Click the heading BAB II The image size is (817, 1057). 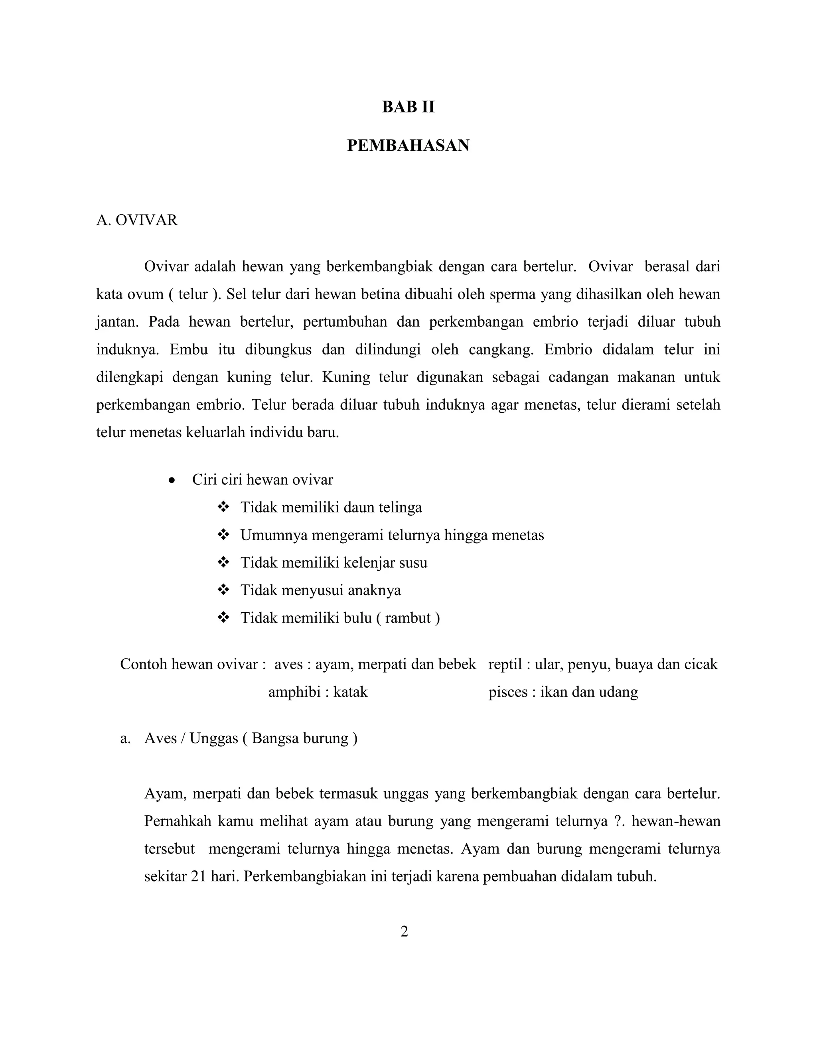click(408, 107)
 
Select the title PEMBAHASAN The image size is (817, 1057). click(408, 146)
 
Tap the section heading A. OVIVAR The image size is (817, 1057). click(137, 220)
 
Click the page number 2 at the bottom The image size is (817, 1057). click(405, 931)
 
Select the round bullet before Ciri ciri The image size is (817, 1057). click(172, 481)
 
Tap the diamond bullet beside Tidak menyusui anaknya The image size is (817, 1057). click(223, 590)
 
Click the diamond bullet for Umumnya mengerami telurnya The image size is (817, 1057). click(223, 535)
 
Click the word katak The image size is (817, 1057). click(350, 692)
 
